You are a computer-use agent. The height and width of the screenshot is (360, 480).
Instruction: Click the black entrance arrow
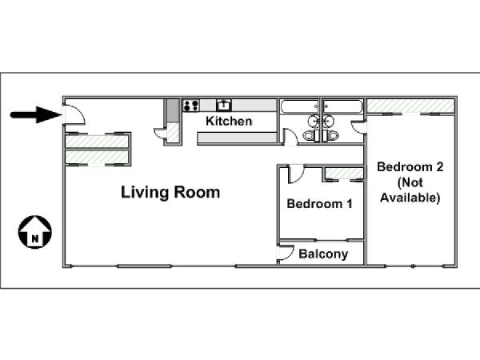pyautogui.click(x=36, y=114)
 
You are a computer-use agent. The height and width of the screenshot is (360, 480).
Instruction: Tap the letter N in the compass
pyautogui.click(x=35, y=238)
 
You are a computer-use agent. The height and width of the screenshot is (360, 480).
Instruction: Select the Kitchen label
pyautogui.click(x=229, y=121)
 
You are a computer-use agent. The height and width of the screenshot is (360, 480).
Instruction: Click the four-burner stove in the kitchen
pyautogui.click(x=191, y=106)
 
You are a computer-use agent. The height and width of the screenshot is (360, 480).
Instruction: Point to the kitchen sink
pyautogui.click(x=224, y=105)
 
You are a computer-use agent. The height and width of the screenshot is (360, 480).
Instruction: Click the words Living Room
pyautogui.click(x=170, y=193)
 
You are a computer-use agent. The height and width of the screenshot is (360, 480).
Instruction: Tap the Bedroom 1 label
pyautogui.click(x=319, y=204)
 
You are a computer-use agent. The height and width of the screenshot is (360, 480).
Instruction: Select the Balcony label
pyautogui.click(x=323, y=254)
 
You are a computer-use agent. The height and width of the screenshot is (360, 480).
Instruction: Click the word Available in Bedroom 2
pyautogui.click(x=410, y=198)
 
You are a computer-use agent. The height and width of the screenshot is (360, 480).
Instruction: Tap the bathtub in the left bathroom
pyautogui.click(x=300, y=107)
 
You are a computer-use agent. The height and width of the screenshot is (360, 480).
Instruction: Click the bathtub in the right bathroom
pyautogui.click(x=343, y=107)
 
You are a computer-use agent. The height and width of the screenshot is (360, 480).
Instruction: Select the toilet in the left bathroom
pyautogui.click(x=310, y=135)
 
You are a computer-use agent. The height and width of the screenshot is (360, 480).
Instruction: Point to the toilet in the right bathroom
pyautogui.click(x=330, y=135)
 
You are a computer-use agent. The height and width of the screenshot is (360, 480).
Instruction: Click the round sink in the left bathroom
pyautogui.click(x=314, y=122)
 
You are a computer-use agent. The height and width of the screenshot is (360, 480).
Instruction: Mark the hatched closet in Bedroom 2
pyautogui.click(x=410, y=106)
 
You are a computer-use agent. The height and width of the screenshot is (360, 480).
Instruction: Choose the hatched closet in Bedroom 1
pyautogui.click(x=344, y=174)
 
